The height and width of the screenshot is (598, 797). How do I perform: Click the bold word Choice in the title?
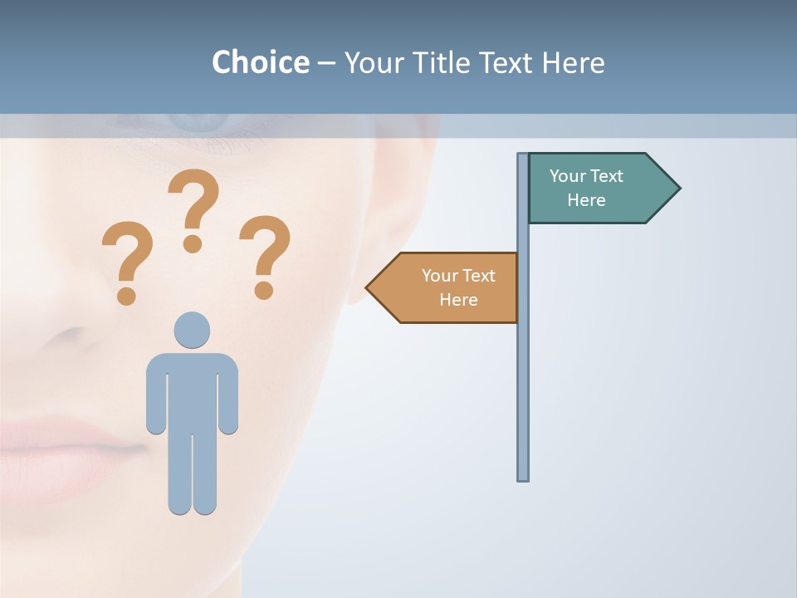click(260, 62)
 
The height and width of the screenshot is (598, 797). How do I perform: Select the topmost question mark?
click(193, 209)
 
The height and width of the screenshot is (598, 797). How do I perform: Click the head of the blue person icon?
click(192, 330)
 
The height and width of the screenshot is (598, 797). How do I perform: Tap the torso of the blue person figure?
click(192, 390)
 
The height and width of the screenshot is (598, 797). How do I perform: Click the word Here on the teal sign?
click(586, 200)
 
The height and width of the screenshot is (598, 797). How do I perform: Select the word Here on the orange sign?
click(458, 300)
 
